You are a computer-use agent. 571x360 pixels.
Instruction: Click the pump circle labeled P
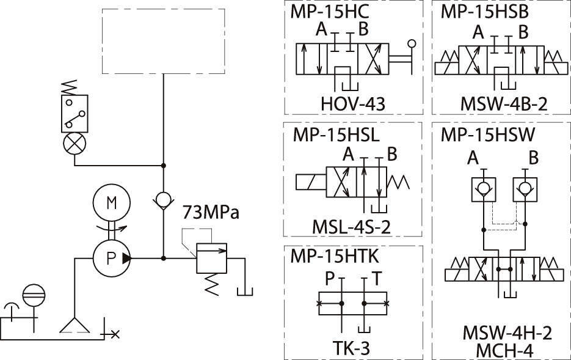pyautogui.click(x=111, y=258)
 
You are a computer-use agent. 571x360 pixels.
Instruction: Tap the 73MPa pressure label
pyautogui.click(x=211, y=215)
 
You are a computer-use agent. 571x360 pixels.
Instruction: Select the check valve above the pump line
pyautogui.click(x=163, y=200)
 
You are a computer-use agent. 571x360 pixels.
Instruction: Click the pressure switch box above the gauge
pyautogui.click(x=75, y=114)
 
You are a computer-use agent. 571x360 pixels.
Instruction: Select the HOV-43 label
pyautogui.click(x=353, y=105)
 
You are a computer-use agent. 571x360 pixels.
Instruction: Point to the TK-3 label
pyautogui.click(x=351, y=348)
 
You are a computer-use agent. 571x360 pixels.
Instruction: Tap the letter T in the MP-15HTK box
pyautogui.click(x=377, y=279)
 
